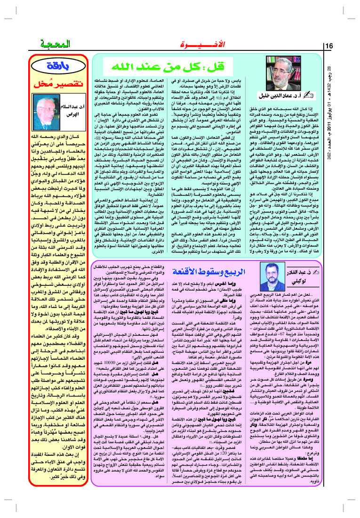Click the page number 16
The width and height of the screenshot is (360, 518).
pyautogui.click(x=329, y=45)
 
